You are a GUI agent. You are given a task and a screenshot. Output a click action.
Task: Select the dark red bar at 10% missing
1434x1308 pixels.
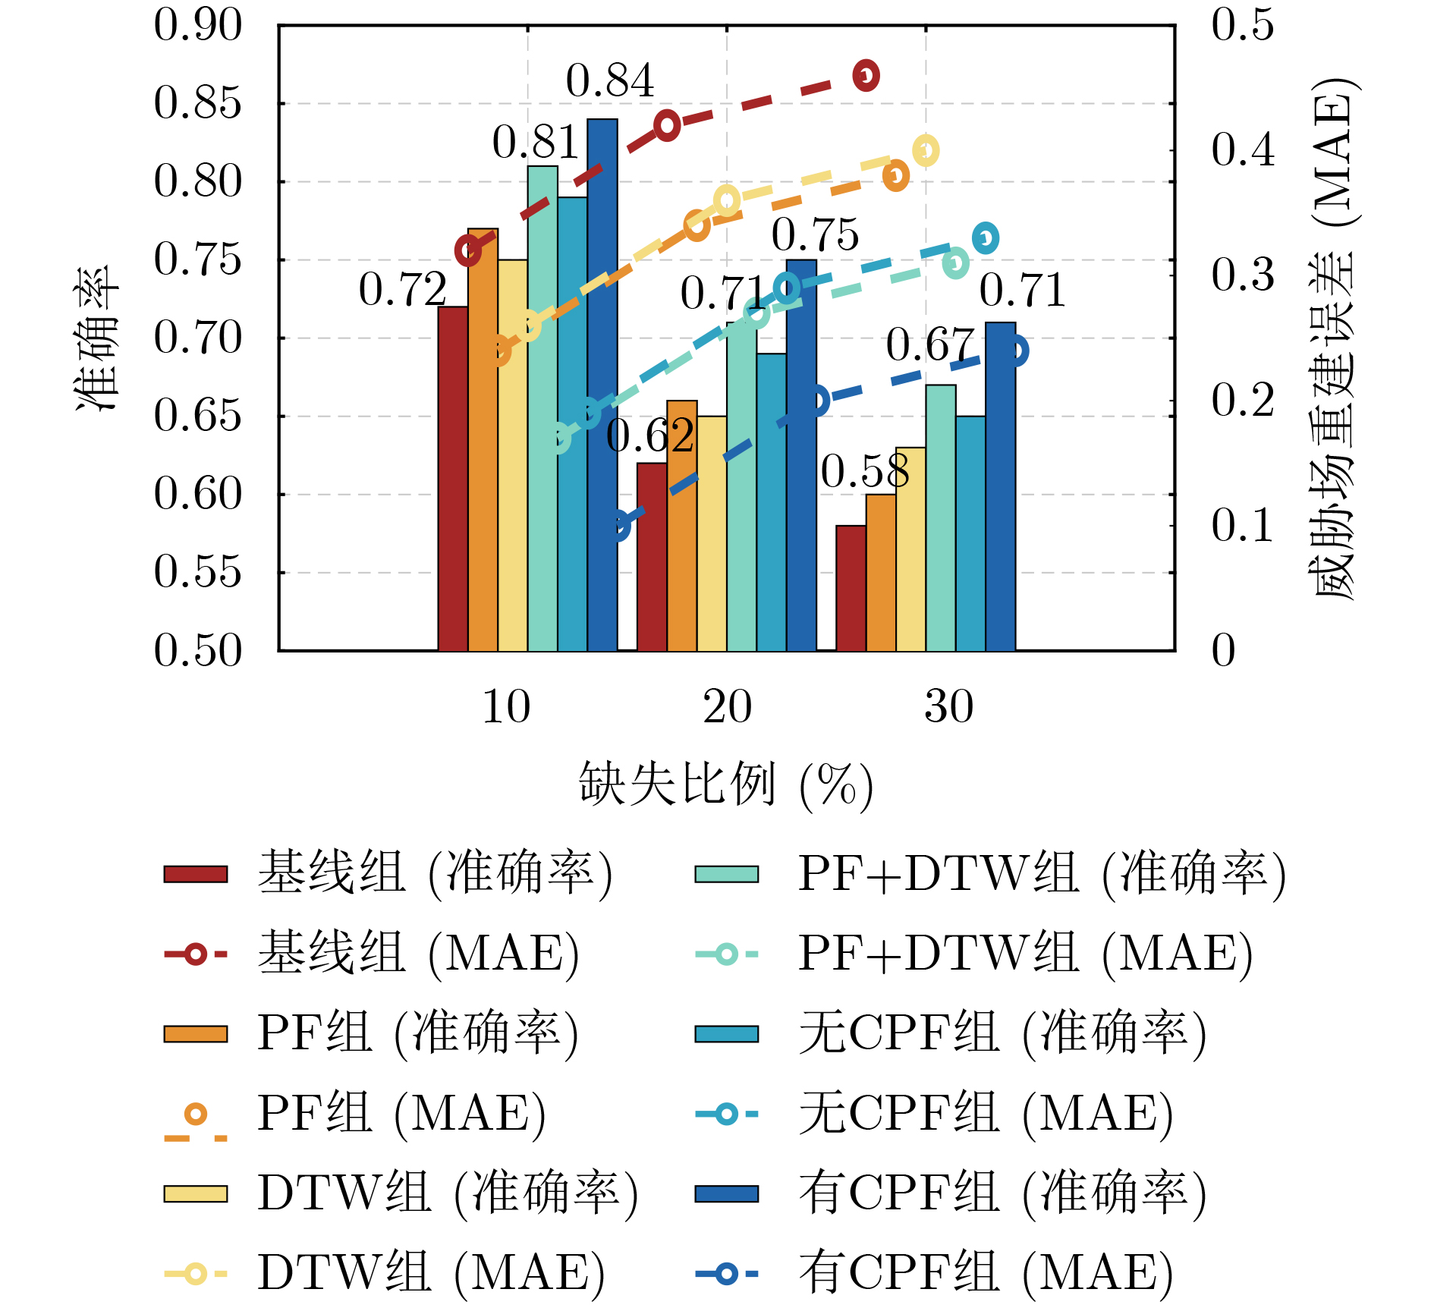click(x=453, y=478)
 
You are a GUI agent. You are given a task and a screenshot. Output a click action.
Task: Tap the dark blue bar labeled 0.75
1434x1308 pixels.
click(x=801, y=455)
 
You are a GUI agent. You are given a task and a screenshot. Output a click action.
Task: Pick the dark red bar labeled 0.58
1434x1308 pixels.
click(x=851, y=588)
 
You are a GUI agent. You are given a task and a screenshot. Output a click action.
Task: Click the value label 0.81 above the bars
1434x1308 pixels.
click(x=536, y=143)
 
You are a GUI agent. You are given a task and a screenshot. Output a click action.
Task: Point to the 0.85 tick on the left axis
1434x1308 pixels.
click(x=197, y=103)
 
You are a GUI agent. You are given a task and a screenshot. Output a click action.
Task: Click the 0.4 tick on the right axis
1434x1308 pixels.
click(x=1242, y=149)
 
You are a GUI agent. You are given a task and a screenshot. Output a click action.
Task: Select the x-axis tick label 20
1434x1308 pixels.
click(x=727, y=707)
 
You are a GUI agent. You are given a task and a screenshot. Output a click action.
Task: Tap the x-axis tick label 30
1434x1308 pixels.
click(x=948, y=707)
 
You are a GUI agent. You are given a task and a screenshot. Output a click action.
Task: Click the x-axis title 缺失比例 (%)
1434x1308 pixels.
click(x=726, y=784)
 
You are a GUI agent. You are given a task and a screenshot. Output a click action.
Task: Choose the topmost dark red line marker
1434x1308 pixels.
click(x=866, y=75)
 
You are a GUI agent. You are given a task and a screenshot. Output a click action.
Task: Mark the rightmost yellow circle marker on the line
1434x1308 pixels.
click(x=926, y=150)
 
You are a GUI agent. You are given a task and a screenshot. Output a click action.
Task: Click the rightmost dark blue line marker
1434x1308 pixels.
click(x=1015, y=351)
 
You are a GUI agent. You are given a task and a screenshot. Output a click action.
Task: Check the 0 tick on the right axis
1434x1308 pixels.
click(x=1223, y=651)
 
